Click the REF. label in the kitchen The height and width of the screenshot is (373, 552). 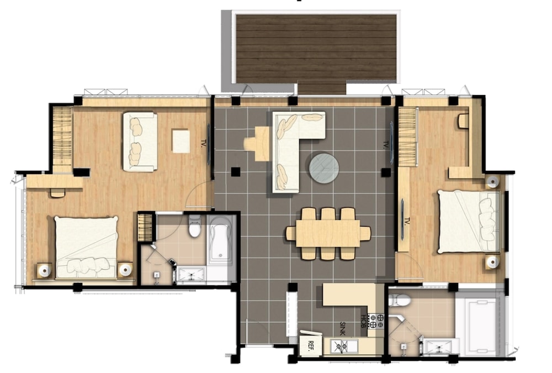[x=311, y=344]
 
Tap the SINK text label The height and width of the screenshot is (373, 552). [x=343, y=328]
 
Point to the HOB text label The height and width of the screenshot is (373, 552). [x=363, y=321]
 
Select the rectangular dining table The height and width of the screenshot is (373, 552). [x=328, y=233]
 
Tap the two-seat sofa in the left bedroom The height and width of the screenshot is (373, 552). [x=140, y=141]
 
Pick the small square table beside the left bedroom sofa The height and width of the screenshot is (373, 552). [x=181, y=141]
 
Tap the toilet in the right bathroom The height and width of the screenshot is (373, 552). [x=400, y=300]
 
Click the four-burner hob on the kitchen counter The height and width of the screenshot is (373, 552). [x=376, y=321]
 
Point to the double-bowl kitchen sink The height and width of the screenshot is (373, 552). [x=343, y=346]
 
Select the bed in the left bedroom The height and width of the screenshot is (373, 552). [x=87, y=248]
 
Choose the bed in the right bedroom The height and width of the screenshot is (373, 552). [x=469, y=221]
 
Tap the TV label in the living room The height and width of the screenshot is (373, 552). [x=386, y=145]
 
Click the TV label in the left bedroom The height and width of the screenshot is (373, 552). [x=203, y=143]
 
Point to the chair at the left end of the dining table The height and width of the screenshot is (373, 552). [x=290, y=233]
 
